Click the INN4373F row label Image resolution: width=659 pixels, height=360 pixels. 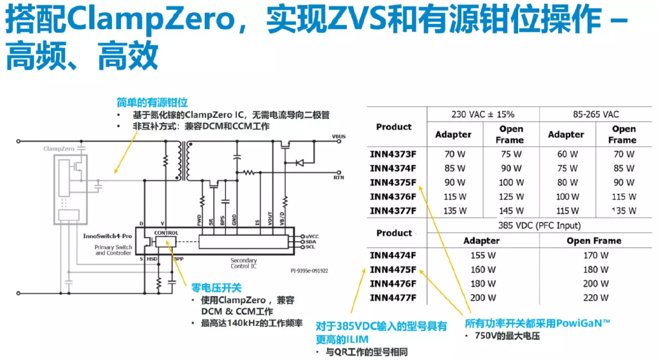tap(393, 154)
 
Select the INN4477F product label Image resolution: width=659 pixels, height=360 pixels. tap(393, 298)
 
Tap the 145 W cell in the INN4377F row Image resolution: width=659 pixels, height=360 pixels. tap(512, 211)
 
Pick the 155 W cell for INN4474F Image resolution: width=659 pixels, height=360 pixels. tap(481, 255)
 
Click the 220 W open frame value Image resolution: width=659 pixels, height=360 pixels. tap(595, 298)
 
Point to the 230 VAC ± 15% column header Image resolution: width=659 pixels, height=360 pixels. tap(483, 114)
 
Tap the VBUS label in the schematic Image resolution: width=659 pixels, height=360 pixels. tap(339, 137)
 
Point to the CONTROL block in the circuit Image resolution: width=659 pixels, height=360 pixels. tap(166, 232)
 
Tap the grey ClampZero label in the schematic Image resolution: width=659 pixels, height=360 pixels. tap(59, 149)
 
